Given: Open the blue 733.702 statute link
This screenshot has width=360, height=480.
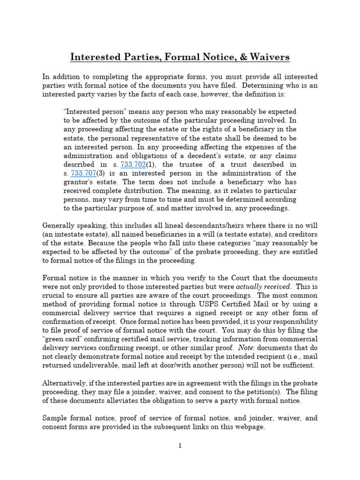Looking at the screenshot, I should pyautogui.click(x=133, y=165).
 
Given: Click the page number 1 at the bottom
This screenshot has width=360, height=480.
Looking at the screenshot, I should pyautogui.click(x=180, y=446).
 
